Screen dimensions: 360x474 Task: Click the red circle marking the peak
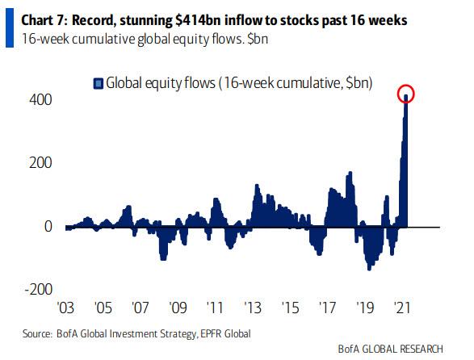406,94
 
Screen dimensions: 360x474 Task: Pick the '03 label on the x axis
65,308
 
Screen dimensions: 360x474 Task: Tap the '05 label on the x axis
103,308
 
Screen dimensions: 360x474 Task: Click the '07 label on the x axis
140,308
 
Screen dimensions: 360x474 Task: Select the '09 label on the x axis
178,308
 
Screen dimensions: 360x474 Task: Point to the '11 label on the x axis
215,308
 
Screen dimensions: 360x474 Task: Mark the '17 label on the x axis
327,308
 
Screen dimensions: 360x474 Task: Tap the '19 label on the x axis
364,308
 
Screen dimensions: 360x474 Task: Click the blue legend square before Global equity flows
99,82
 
